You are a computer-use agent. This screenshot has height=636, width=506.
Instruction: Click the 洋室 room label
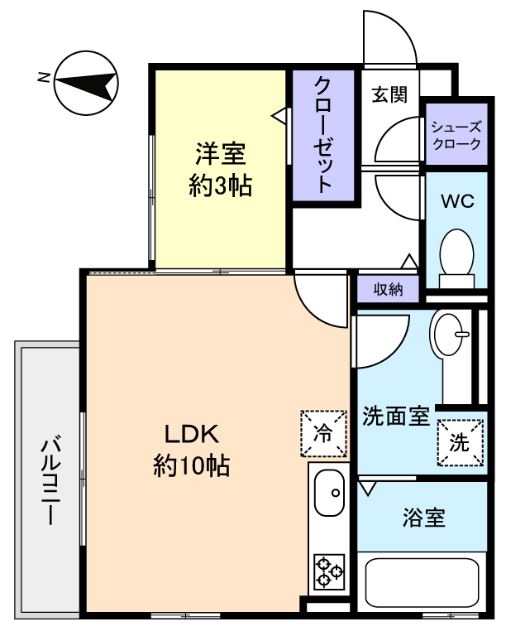[221, 155]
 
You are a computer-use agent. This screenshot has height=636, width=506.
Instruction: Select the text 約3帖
[221, 185]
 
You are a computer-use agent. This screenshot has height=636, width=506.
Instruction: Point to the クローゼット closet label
[323, 135]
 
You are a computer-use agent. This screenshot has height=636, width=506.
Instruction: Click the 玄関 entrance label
[389, 95]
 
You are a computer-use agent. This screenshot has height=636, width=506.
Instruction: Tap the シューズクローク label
[456, 136]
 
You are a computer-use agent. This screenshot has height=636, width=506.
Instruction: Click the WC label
[457, 200]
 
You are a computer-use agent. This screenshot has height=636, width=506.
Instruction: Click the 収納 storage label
[388, 289]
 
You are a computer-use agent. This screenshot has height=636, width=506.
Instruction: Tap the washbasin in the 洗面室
[448, 335]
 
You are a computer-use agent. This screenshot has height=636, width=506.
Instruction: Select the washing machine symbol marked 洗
[461, 442]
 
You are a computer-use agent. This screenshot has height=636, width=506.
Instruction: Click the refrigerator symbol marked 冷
[323, 434]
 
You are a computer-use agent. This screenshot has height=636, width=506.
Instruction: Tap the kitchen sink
[329, 493]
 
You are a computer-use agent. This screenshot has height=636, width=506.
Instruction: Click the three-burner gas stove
[329, 571]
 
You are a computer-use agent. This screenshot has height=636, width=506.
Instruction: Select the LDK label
[192, 434]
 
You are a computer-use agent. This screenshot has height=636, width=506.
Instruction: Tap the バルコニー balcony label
[51, 480]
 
